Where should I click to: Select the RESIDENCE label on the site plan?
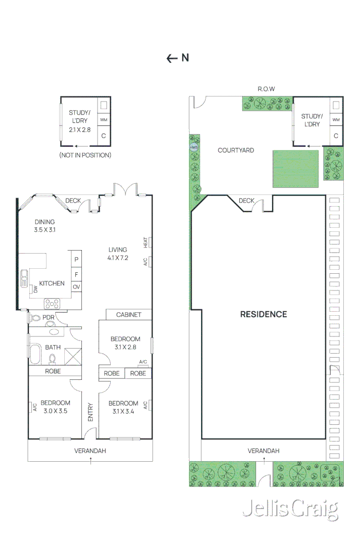click(x=263, y=314)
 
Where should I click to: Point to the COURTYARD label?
click(x=236, y=150)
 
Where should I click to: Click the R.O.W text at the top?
click(x=266, y=89)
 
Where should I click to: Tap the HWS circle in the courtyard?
click(x=194, y=147)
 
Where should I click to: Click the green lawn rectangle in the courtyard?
click(x=295, y=169)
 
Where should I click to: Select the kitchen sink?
click(x=25, y=278)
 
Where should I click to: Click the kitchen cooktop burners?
click(x=53, y=304)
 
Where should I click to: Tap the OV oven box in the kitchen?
click(x=76, y=287)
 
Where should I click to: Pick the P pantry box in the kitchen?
click(x=76, y=259)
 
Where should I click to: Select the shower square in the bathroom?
click(x=71, y=355)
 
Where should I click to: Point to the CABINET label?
click(x=128, y=315)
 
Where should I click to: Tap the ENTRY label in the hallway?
click(x=91, y=412)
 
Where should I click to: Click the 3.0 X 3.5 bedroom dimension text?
click(x=55, y=411)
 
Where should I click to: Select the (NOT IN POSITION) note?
click(x=85, y=155)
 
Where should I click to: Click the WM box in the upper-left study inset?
click(x=104, y=120)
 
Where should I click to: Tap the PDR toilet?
click(x=35, y=318)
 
